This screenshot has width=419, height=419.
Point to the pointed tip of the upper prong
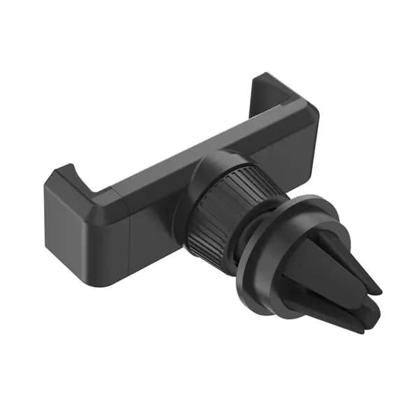tap(377, 288)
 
